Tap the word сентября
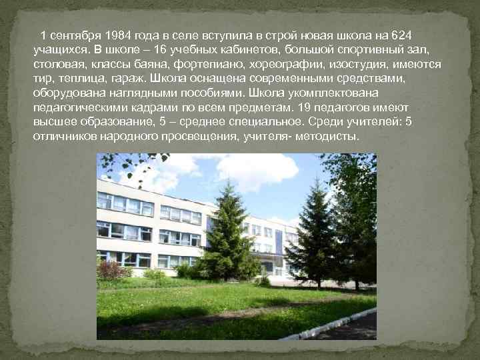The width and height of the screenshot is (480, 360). (71, 35)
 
